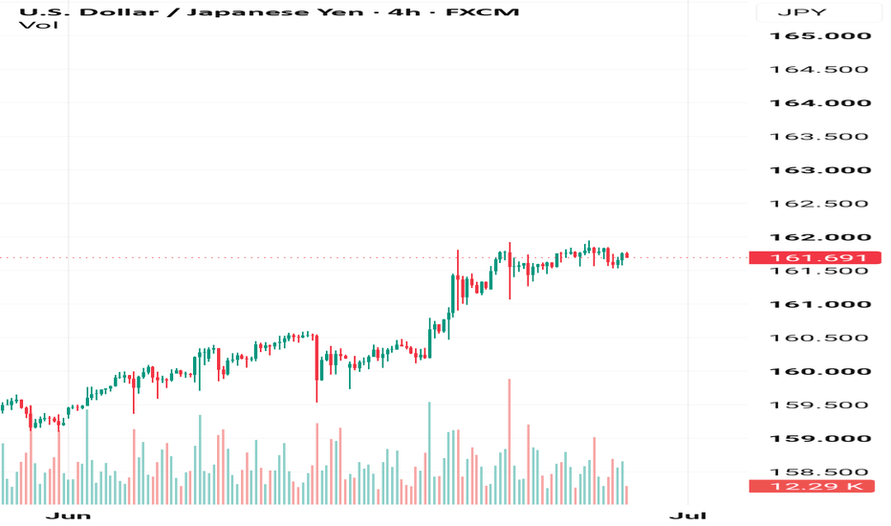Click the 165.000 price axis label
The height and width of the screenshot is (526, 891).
pyautogui.click(x=820, y=35)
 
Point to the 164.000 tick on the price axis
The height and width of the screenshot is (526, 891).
pyautogui.click(x=820, y=103)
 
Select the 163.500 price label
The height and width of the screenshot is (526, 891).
pyautogui.click(x=819, y=137)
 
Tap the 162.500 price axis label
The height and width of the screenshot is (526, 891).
pyautogui.click(x=819, y=204)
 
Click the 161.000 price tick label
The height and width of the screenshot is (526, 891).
pyautogui.click(x=820, y=304)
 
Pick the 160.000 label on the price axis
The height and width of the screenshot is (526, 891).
pyautogui.click(x=820, y=371)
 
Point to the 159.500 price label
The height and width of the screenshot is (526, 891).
pyautogui.click(x=819, y=405)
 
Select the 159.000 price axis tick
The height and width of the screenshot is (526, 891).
pyautogui.click(x=820, y=438)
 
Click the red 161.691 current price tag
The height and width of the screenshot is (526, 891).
pyautogui.click(x=815, y=257)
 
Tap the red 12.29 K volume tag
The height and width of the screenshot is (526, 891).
pyautogui.click(x=812, y=486)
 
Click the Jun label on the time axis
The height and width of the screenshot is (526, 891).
pyautogui.click(x=68, y=515)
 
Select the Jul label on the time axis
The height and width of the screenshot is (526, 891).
pyautogui.click(x=687, y=515)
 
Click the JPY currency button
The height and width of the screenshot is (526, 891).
pyautogui.click(x=802, y=12)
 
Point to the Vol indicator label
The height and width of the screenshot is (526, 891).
pyautogui.click(x=38, y=25)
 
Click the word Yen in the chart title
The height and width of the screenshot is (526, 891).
pyautogui.click(x=338, y=11)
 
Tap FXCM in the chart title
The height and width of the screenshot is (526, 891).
pyautogui.click(x=483, y=11)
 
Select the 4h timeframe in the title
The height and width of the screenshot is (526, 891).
pyautogui.click(x=404, y=11)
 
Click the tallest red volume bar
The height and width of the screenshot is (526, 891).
pyautogui.click(x=510, y=441)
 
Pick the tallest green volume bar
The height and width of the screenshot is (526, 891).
pyautogui.click(x=429, y=453)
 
